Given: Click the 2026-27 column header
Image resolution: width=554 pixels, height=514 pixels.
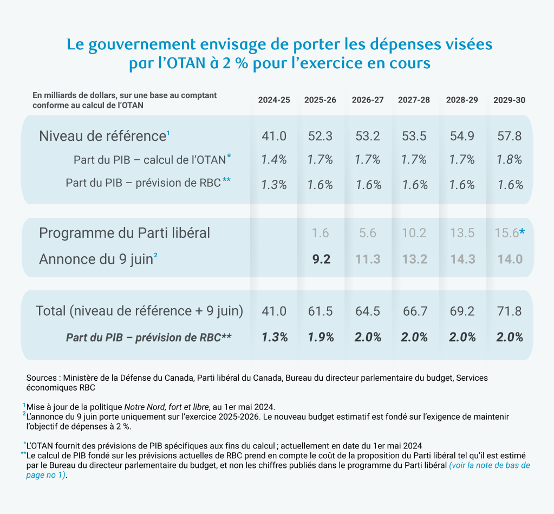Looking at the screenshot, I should pos(368,100).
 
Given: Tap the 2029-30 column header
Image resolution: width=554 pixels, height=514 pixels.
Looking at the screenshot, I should pos(509,100).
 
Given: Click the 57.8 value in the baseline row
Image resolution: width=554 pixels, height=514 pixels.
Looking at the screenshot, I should pos(510,136).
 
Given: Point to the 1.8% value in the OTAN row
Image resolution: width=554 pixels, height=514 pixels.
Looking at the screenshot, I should pos(510,160).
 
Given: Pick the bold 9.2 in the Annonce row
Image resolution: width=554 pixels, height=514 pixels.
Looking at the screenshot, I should pos(321,259).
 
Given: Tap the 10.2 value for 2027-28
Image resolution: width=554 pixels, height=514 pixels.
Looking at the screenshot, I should pos(414,233).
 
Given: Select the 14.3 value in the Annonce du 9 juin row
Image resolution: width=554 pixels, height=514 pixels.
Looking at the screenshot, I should pos(462,259).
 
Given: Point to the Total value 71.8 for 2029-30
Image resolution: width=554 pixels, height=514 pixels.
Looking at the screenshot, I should pos(510,311).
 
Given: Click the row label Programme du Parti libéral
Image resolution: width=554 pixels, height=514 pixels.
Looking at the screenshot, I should pos(125,233).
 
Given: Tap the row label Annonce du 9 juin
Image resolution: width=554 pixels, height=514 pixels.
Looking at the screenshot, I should pos(96,259).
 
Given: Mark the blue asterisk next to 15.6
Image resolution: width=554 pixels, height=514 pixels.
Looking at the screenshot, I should pos(522,232).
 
